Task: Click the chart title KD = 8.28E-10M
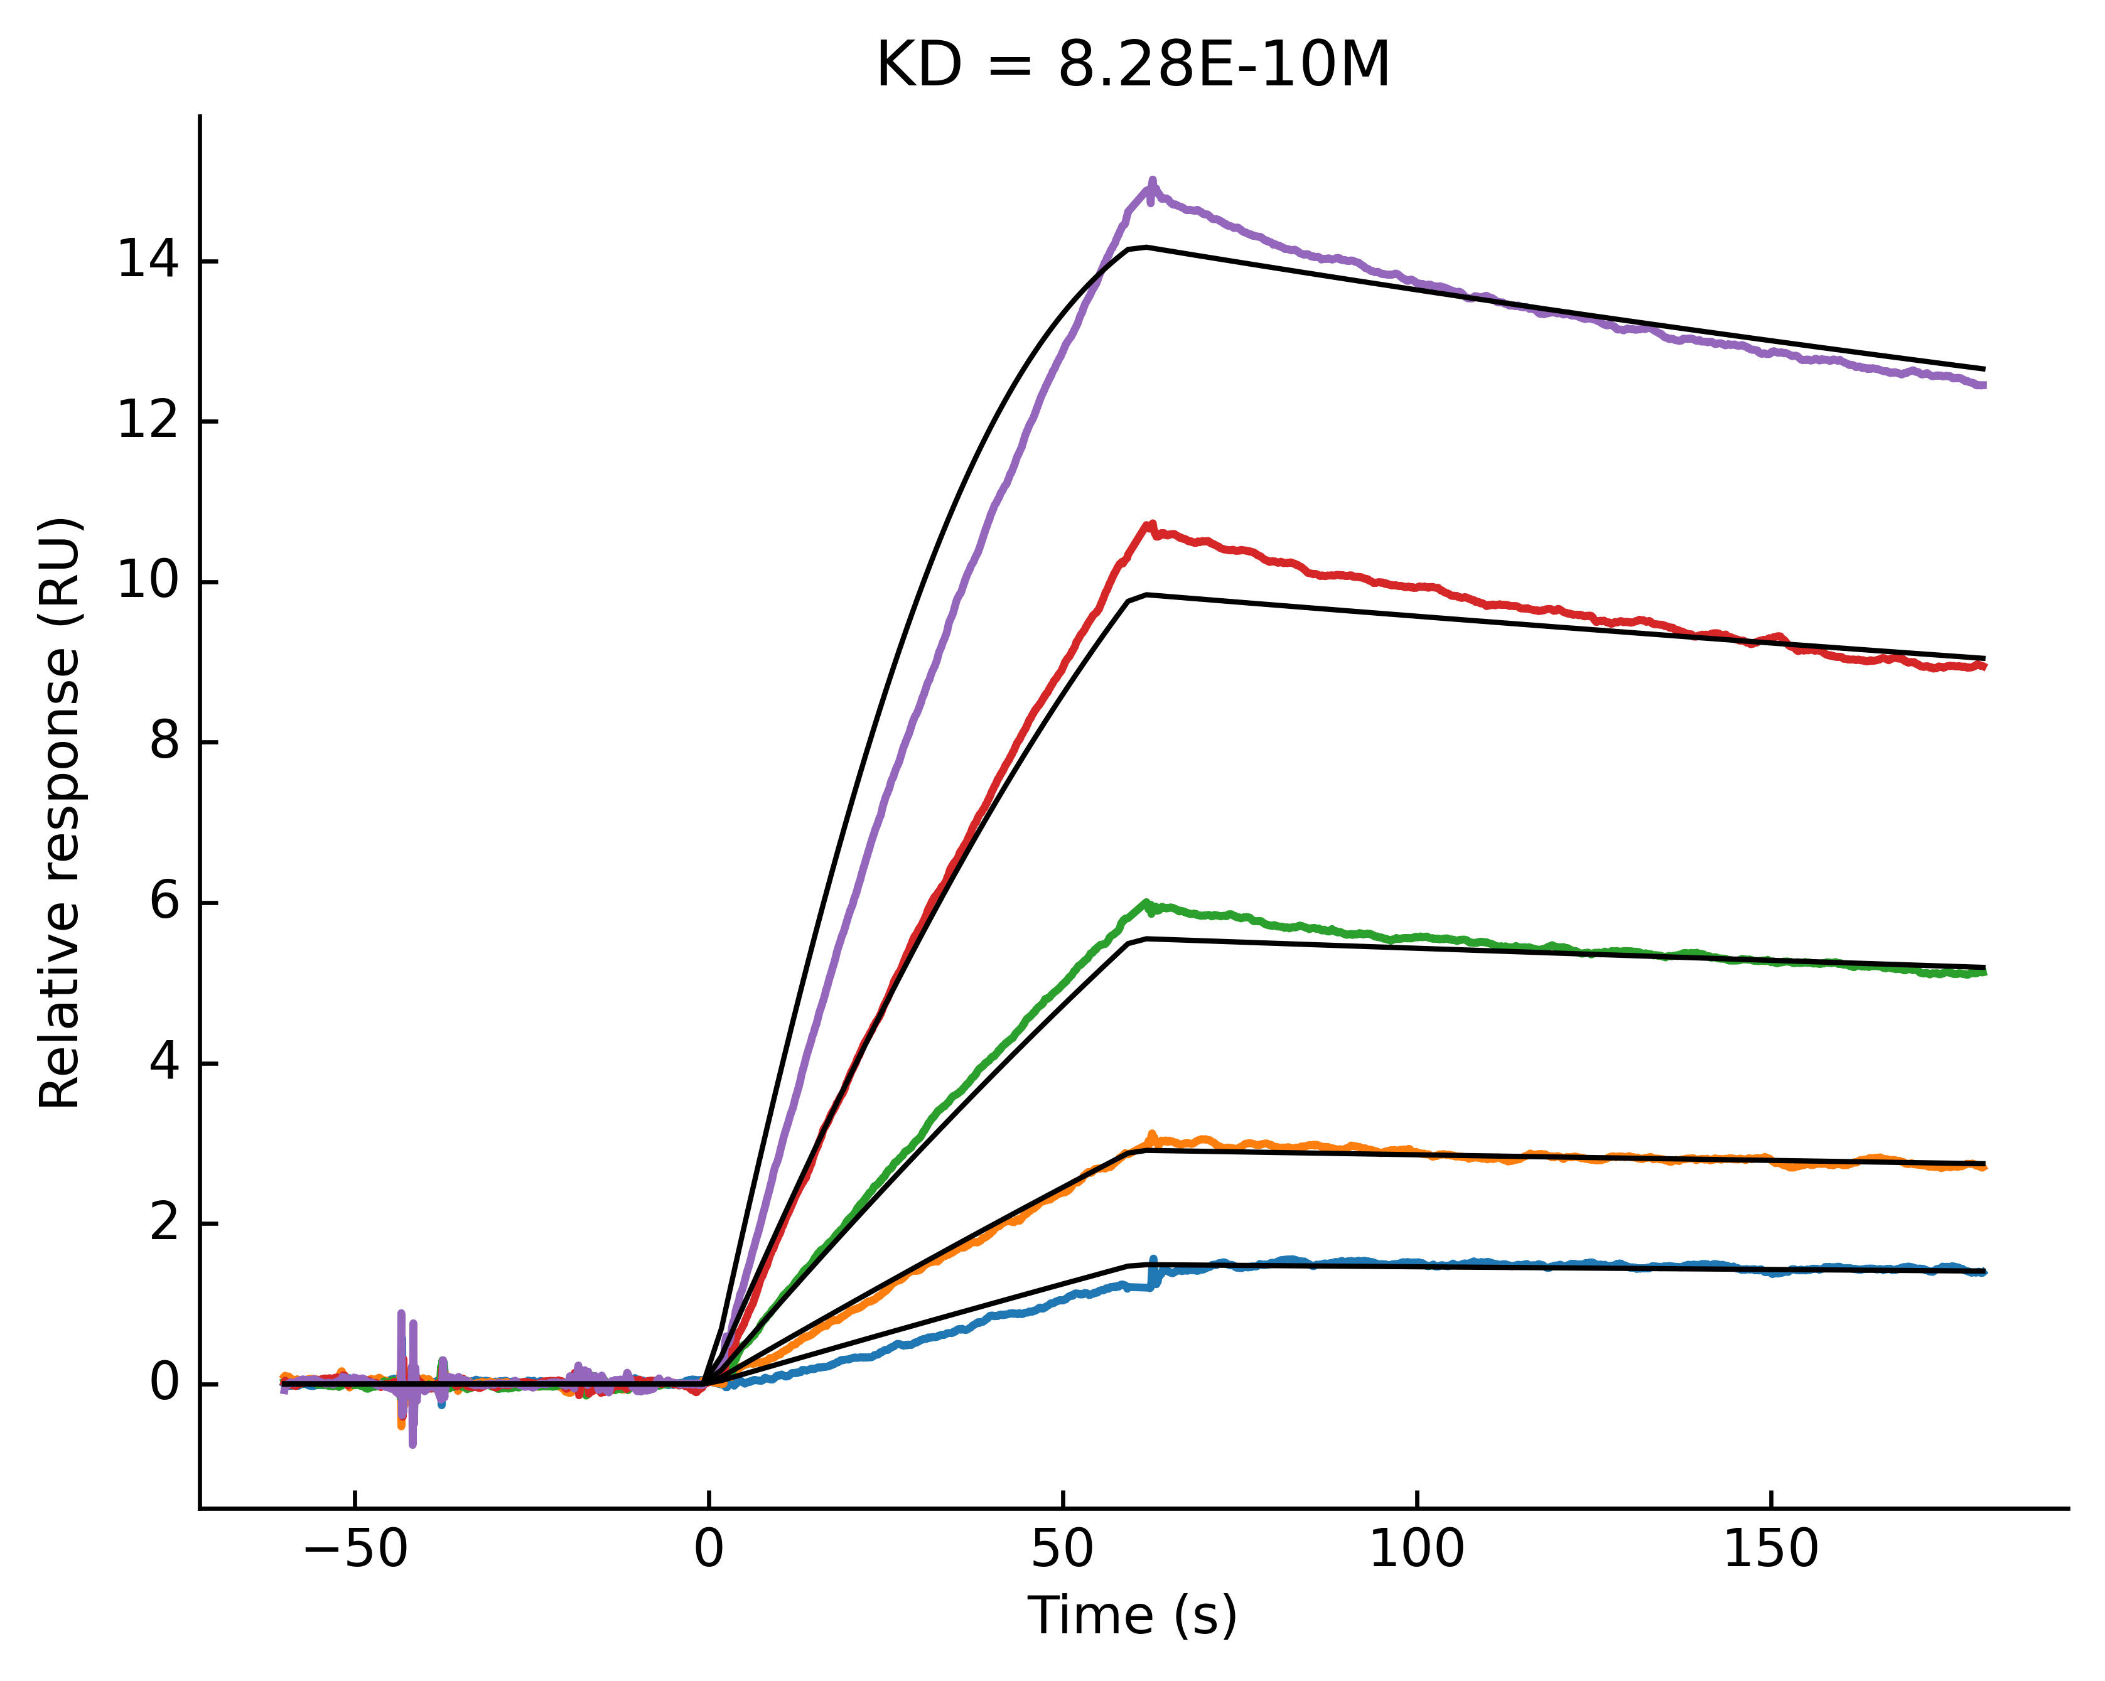pyautogui.click(x=1133, y=67)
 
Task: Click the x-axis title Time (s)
pyautogui.click(x=1133, y=1616)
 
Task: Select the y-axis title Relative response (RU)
pyautogui.click(x=60, y=812)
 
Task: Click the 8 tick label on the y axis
pyautogui.click(x=164, y=742)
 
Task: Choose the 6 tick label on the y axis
pyautogui.click(x=164, y=902)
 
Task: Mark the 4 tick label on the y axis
pyautogui.click(x=164, y=1063)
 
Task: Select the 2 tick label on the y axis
pyautogui.click(x=164, y=1223)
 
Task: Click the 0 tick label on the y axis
pyautogui.click(x=164, y=1383)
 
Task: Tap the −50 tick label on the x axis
pyautogui.click(x=355, y=1550)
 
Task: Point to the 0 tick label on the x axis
pyautogui.click(x=709, y=1550)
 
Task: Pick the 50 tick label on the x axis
pyautogui.click(x=1062, y=1550)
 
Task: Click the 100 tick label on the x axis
pyautogui.click(x=1417, y=1550)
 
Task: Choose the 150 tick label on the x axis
pyautogui.click(x=1770, y=1550)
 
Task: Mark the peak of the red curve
pyautogui.click(x=1151, y=525)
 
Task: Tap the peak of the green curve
pyautogui.click(x=1146, y=903)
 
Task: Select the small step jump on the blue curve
pyautogui.click(x=1153, y=1272)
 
